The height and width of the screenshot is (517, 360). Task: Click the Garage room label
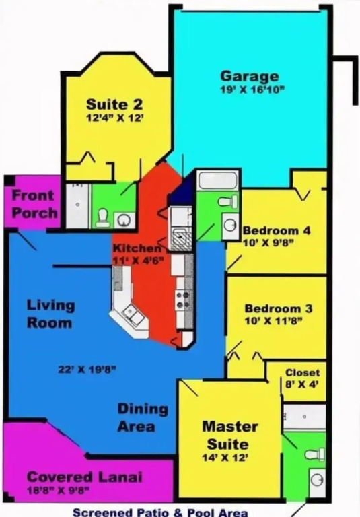250,77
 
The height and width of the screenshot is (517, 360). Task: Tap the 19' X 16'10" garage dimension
252,90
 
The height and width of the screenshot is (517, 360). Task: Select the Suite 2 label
114,104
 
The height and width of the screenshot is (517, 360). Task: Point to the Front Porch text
34,204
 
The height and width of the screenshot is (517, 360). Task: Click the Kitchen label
137,248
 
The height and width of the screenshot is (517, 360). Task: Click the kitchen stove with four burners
180,300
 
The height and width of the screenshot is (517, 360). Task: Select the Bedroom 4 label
277,230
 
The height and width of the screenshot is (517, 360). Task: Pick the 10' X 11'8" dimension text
274,321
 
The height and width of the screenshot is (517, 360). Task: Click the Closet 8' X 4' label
302,378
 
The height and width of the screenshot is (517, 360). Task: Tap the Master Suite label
229,435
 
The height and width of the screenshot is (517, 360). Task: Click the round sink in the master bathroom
317,479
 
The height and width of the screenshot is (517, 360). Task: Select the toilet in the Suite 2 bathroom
103,217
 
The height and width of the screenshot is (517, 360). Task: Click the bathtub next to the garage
217,180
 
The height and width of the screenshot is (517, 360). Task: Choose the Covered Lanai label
84,477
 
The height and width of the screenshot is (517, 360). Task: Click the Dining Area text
143,417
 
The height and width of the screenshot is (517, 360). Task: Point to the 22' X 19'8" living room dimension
87,370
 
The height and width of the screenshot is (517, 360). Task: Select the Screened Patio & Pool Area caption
160,512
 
